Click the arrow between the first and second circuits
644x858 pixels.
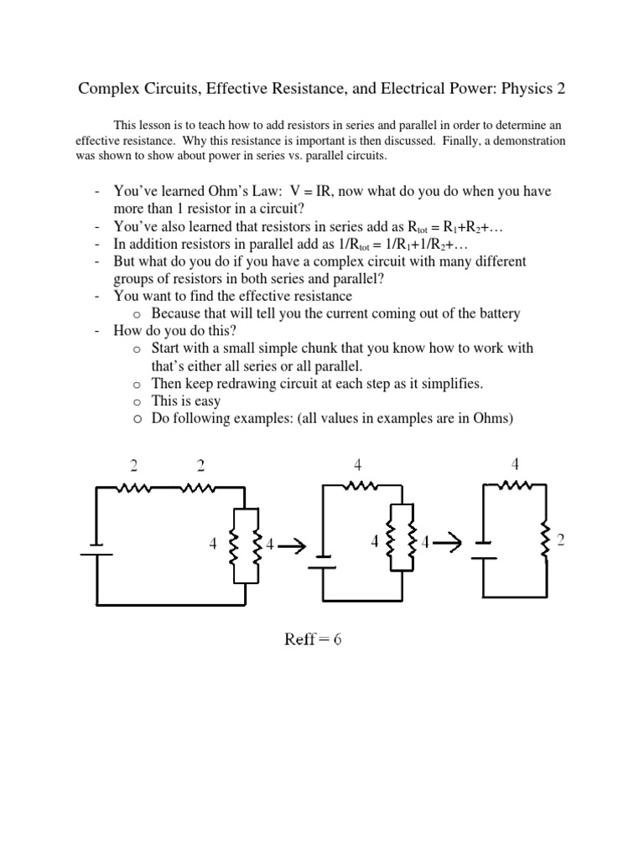(290, 545)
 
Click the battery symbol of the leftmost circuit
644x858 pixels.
(97, 553)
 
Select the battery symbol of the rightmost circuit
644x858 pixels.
(483, 550)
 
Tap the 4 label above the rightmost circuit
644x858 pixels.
(515, 464)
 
